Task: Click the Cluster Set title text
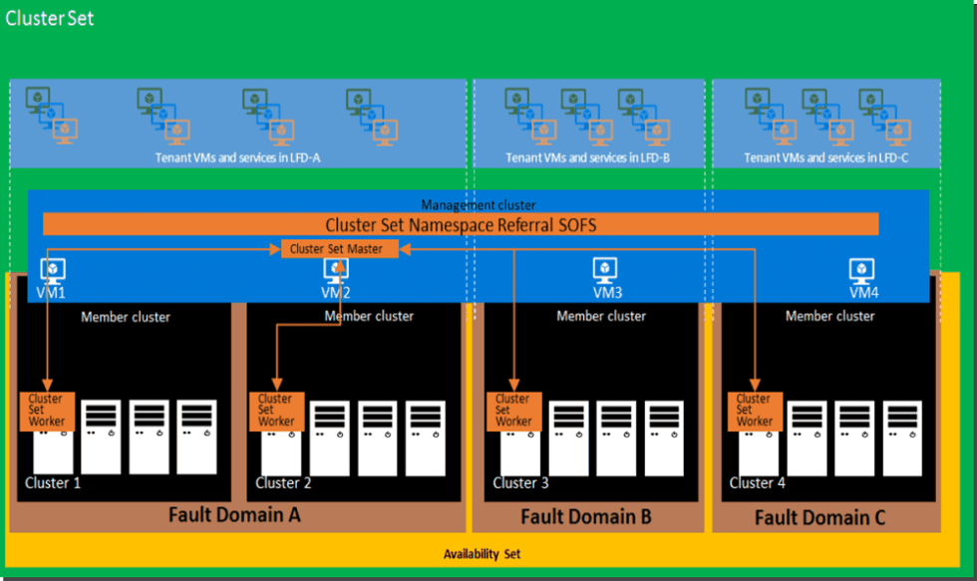pos(50,17)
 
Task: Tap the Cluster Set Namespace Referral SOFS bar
pos(461,225)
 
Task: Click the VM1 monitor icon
pos(52,270)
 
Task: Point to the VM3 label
pos(605,292)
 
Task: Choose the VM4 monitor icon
pos(861,270)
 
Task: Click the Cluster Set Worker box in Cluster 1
pos(47,411)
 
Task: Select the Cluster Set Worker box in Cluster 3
pos(513,411)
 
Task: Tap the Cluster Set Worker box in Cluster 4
pos(754,410)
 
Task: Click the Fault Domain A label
pos(233,515)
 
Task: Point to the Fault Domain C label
pos(819,517)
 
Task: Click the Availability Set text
pos(482,554)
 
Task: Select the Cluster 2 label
pos(283,482)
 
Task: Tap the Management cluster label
pos(478,204)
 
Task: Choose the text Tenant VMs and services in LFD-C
pos(825,157)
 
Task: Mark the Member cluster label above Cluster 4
pos(829,316)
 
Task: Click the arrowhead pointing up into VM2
pos(340,266)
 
